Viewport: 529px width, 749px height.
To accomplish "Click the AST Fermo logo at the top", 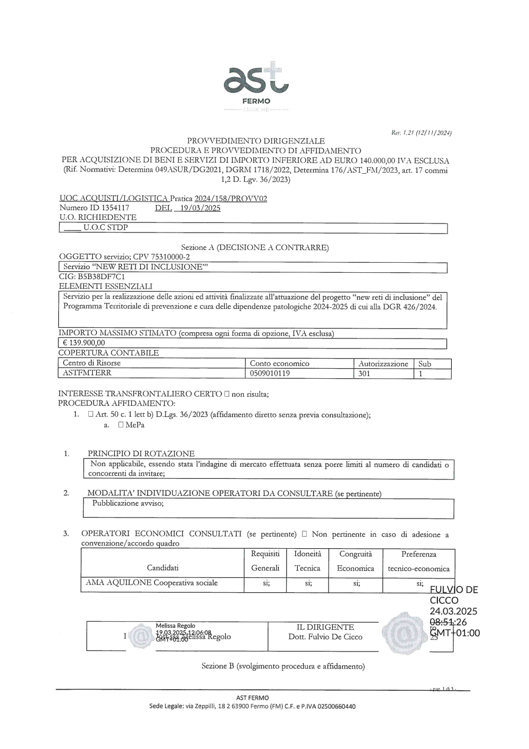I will coord(257,85).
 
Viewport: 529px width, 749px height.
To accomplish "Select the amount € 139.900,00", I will coord(84,343).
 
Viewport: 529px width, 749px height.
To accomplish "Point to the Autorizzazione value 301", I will coord(364,373).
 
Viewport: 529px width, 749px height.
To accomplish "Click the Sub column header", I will coord(425,363).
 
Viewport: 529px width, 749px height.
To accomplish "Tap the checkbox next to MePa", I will coord(121,425).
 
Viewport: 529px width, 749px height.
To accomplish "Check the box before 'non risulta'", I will coord(226,394).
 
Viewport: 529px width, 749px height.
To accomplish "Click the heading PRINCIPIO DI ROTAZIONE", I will coord(141,453).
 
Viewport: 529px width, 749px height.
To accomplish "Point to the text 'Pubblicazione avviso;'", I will coord(128,503).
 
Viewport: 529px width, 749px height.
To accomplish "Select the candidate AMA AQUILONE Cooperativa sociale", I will coord(152,583).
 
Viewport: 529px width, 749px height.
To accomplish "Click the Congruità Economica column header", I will coord(355,561).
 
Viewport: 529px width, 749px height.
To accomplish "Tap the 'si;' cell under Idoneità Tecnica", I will coord(307,583).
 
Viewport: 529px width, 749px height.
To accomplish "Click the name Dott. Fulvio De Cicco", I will coord(325,637).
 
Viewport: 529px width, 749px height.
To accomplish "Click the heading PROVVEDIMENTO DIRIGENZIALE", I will coord(256,141).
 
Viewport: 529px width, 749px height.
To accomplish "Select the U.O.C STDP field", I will coord(106,228).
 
